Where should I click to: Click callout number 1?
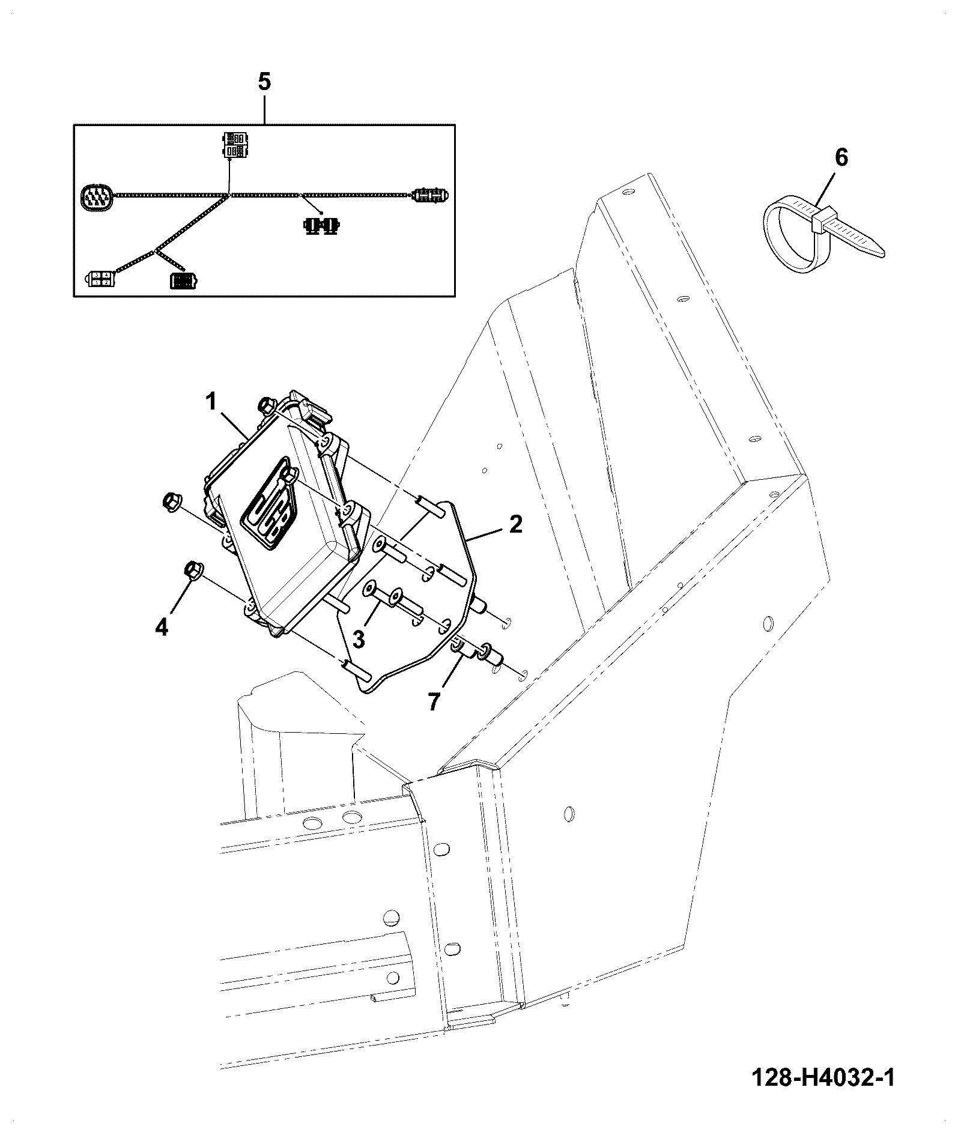pyautogui.click(x=211, y=402)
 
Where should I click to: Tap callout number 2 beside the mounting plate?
pyautogui.click(x=515, y=524)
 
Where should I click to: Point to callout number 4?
pyautogui.click(x=162, y=628)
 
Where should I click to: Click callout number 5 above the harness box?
pyautogui.click(x=265, y=81)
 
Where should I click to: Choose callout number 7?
pyautogui.click(x=434, y=701)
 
